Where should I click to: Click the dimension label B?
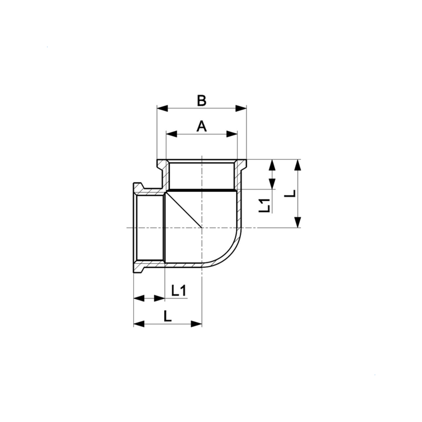tap(201, 100)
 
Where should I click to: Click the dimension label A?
tap(201, 126)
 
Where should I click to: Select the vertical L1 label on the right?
tap(264, 205)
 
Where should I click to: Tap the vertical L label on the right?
tap(290, 194)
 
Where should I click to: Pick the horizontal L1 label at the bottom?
tap(179, 290)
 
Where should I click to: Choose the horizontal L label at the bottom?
tap(168, 316)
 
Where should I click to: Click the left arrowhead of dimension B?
tap(162, 109)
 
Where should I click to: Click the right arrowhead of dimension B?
tap(241, 109)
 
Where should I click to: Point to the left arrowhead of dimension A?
tap(172, 134)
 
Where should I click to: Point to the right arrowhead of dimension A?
tap(232, 134)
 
